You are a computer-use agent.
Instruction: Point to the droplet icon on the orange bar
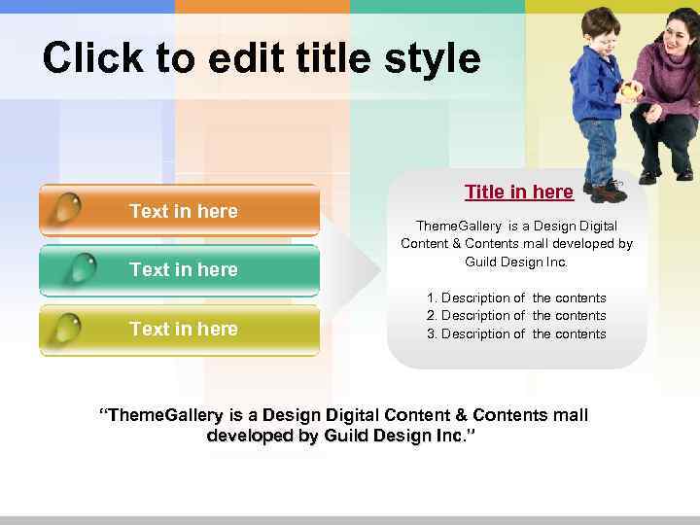pos(67,208)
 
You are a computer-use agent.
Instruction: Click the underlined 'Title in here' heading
pos(518,192)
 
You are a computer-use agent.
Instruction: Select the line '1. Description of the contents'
pos(516,297)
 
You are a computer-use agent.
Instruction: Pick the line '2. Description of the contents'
pos(516,316)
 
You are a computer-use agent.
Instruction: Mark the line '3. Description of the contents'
pos(516,334)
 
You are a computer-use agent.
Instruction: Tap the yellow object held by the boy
pos(631,90)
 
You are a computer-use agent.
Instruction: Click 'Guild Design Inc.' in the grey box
pos(516,262)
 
